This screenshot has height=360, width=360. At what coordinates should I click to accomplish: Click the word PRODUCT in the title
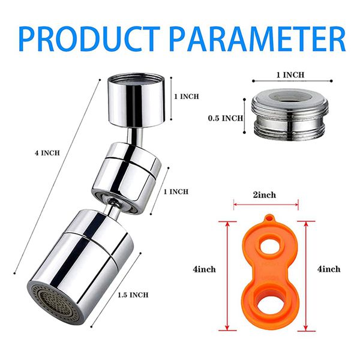pyautogui.click(x=90, y=39)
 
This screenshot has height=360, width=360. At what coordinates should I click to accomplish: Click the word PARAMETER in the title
pyautogui.click(x=258, y=39)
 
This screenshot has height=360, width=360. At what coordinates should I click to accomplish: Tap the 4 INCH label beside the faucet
pyautogui.click(x=47, y=153)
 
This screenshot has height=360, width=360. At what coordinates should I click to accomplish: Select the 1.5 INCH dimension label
pyautogui.click(x=133, y=295)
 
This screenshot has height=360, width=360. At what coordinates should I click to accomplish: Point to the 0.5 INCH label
pyautogui.click(x=226, y=118)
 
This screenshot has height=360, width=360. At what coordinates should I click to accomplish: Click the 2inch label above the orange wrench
pyautogui.click(x=265, y=195)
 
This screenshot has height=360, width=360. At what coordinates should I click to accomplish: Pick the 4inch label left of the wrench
pyautogui.click(x=205, y=269)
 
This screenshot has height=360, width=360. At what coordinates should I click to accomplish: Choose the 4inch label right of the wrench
pyautogui.click(x=329, y=269)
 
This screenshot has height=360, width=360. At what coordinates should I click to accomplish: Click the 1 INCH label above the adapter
pyautogui.click(x=290, y=75)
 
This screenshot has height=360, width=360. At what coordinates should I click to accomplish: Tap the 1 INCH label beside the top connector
pyautogui.click(x=187, y=97)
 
